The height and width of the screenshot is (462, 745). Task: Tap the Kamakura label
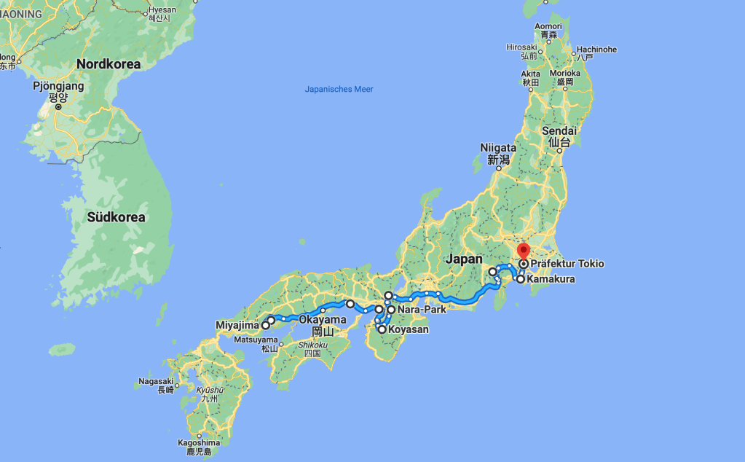pyautogui.click(x=551, y=279)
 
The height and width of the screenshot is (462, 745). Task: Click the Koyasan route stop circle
pyautogui.click(x=382, y=329)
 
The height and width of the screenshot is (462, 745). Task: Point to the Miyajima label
pyautogui.click(x=237, y=325)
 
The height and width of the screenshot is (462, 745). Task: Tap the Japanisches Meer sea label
pyautogui.click(x=339, y=90)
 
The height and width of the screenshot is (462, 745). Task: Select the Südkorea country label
pyautogui.click(x=116, y=217)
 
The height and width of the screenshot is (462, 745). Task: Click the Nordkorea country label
pyautogui.click(x=109, y=64)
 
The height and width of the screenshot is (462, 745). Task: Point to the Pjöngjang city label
pyautogui.click(x=59, y=86)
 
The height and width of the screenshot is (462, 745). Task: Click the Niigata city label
pyautogui.click(x=498, y=148)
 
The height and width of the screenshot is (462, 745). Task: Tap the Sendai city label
pyautogui.click(x=559, y=131)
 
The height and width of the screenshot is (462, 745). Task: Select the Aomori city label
pyautogui.click(x=548, y=27)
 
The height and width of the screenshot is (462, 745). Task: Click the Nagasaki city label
pyautogui.click(x=155, y=381)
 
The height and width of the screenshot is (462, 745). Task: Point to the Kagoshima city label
pyautogui.click(x=199, y=442)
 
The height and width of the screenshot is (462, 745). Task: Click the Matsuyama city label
pyautogui.click(x=256, y=340)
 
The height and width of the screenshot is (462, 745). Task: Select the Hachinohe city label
pyautogui.click(x=596, y=50)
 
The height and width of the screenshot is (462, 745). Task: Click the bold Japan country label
pyautogui.click(x=464, y=259)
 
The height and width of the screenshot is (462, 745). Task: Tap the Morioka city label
pyautogui.click(x=564, y=74)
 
